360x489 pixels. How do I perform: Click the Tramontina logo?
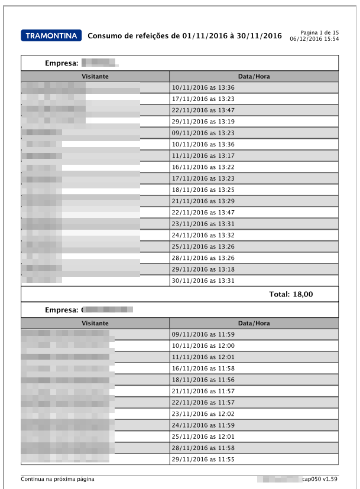coord(51,36)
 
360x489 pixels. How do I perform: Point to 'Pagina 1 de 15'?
coord(319,32)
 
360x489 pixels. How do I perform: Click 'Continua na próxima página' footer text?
coord(57,479)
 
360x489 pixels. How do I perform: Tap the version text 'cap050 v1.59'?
coord(320,479)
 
